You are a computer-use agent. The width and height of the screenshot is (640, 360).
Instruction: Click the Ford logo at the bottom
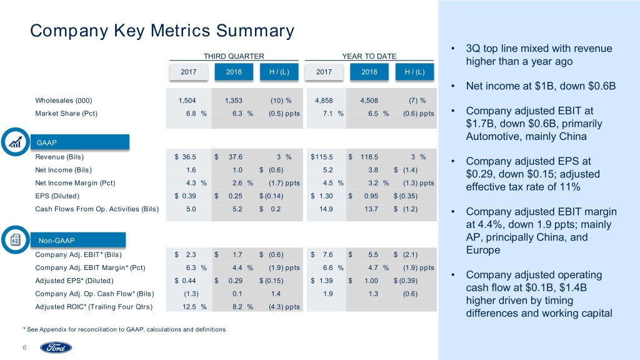56,347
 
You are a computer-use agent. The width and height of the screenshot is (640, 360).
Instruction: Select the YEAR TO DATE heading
369,56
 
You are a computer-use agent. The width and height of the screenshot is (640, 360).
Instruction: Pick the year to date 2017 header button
324,71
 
